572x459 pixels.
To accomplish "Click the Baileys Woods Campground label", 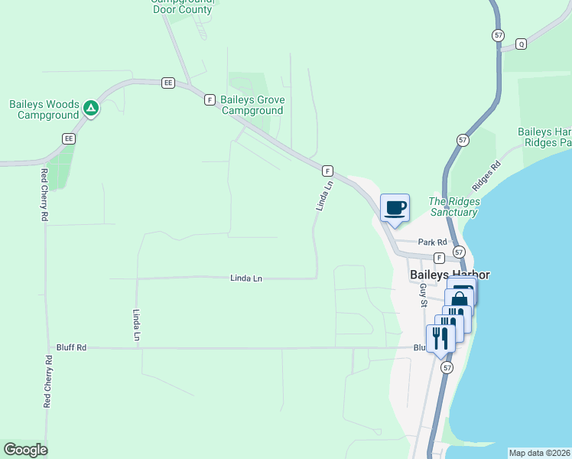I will point(44,109).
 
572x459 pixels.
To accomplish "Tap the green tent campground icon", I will point(91,109).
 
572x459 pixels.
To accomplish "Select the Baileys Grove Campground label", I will point(252,105).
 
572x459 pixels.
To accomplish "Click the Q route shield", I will point(522,43).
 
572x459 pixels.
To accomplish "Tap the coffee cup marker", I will point(395,207).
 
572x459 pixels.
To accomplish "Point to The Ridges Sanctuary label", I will point(454,207).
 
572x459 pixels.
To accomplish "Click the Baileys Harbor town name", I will point(449,275).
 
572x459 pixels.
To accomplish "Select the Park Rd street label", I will point(431,242).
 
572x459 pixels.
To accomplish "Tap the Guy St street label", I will point(423,295).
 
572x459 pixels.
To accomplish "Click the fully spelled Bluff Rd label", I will point(71,347).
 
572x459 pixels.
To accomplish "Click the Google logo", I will point(25,450).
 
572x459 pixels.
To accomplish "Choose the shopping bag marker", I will point(459,299).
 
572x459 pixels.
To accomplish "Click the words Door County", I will point(183,9).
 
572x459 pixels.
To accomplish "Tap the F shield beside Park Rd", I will point(440,258).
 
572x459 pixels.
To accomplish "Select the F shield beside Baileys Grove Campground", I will point(209,99).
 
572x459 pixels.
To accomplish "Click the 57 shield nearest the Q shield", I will point(499,35).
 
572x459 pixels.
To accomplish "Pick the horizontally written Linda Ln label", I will point(246,278).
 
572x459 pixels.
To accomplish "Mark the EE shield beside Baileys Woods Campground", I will point(69,138).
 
